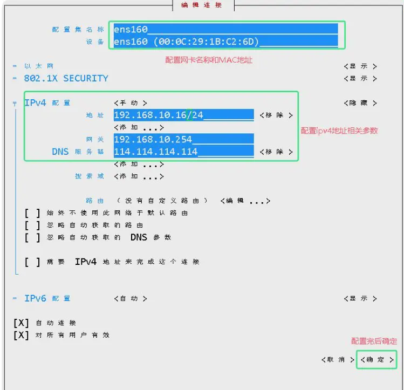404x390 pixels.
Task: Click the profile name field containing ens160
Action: coord(225,29)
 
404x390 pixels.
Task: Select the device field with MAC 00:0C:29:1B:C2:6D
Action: coord(225,42)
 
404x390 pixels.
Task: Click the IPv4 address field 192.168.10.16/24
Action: coord(184,115)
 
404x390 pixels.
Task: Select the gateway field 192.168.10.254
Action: coord(184,139)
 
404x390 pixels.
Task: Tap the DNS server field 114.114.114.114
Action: coord(184,152)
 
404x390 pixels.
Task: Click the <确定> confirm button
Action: coord(377,360)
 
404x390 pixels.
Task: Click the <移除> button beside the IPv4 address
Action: coord(276,115)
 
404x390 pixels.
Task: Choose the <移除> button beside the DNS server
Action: coord(276,152)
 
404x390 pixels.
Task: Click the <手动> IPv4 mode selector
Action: coord(131,103)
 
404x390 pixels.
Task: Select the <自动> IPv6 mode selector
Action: coord(131,298)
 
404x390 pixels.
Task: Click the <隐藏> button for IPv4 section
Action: coord(360,103)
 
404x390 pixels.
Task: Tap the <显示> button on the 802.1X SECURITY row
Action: coord(360,78)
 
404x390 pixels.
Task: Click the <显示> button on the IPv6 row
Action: coord(360,298)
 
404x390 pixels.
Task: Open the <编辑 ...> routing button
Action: coord(245,201)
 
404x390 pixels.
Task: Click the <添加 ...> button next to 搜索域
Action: coord(139,176)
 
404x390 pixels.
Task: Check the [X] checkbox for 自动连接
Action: coord(21,323)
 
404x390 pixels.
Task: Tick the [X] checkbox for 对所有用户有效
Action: coord(21,335)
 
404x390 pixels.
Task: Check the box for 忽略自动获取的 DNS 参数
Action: coord(32,237)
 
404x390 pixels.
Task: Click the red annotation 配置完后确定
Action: coord(374,341)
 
